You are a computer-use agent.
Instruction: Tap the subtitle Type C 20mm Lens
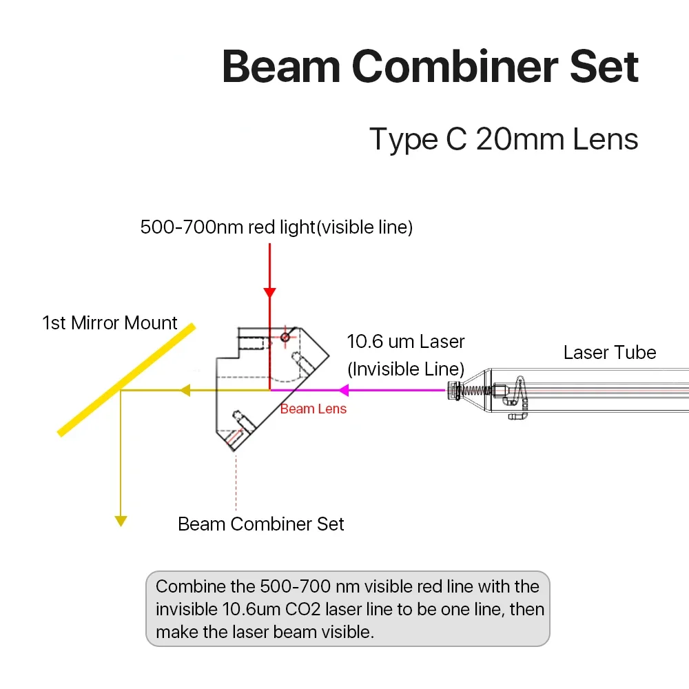coord(504,139)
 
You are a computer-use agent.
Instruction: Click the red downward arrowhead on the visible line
coord(269,292)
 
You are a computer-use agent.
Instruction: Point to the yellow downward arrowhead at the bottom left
coord(121,521)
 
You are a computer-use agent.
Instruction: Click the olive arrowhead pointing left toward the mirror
coord(185,391)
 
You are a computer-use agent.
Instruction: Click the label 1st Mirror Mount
coord(110,322)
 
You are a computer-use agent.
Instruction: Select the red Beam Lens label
coord(313,409)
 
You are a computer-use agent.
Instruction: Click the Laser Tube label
coord(609,353)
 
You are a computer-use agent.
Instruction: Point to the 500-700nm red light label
coord(276,227)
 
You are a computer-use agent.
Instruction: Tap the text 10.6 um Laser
coord(405,342)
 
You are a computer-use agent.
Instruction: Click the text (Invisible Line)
coord(405,369)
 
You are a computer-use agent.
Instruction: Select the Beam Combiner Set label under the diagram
coord(260,524)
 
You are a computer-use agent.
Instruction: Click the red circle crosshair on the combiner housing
coord(285,336)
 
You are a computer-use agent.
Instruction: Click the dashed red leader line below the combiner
coord(236,482)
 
